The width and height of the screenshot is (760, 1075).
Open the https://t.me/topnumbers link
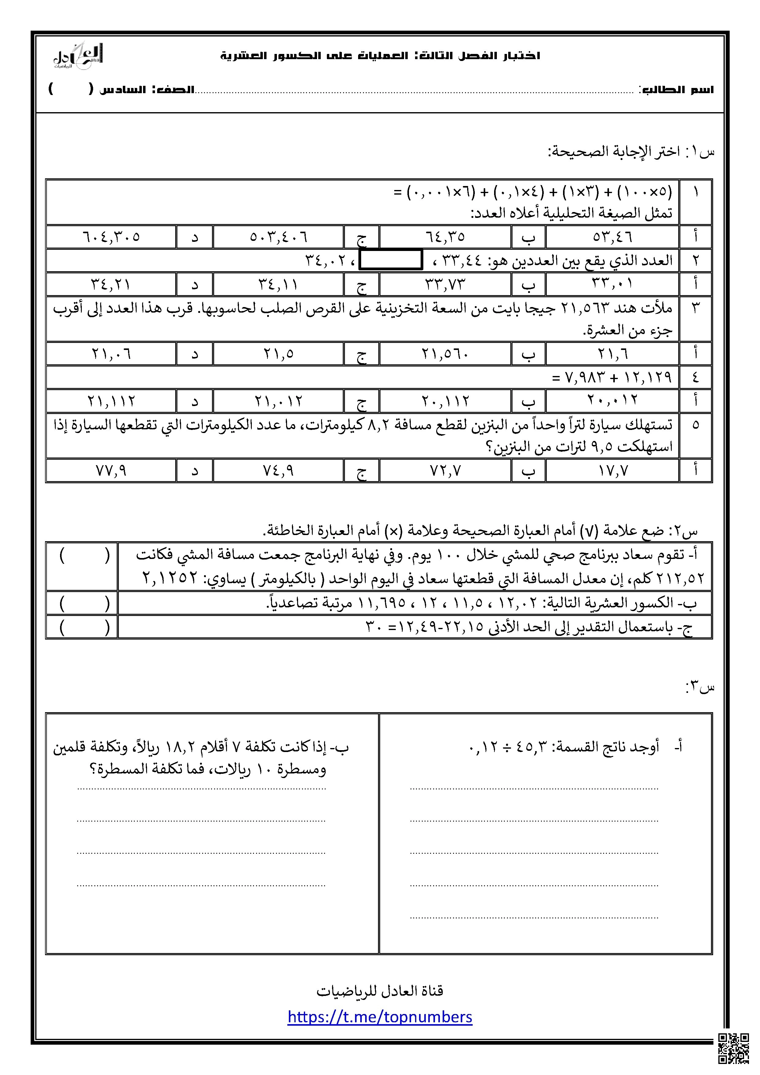[380, 1017]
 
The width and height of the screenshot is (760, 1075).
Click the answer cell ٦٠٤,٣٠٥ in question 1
[112, 237]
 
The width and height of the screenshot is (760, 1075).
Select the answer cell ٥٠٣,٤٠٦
[278, 237]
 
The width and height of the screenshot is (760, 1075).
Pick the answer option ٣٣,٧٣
[445, 284]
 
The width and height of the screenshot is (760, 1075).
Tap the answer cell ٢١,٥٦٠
[445, 354]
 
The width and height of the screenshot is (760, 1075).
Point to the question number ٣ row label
[695, 308]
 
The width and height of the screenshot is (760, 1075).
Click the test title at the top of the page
[380, 56]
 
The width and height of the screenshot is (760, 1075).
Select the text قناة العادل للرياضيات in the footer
[380, 991]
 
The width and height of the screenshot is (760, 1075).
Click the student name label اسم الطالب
[677, 90]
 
